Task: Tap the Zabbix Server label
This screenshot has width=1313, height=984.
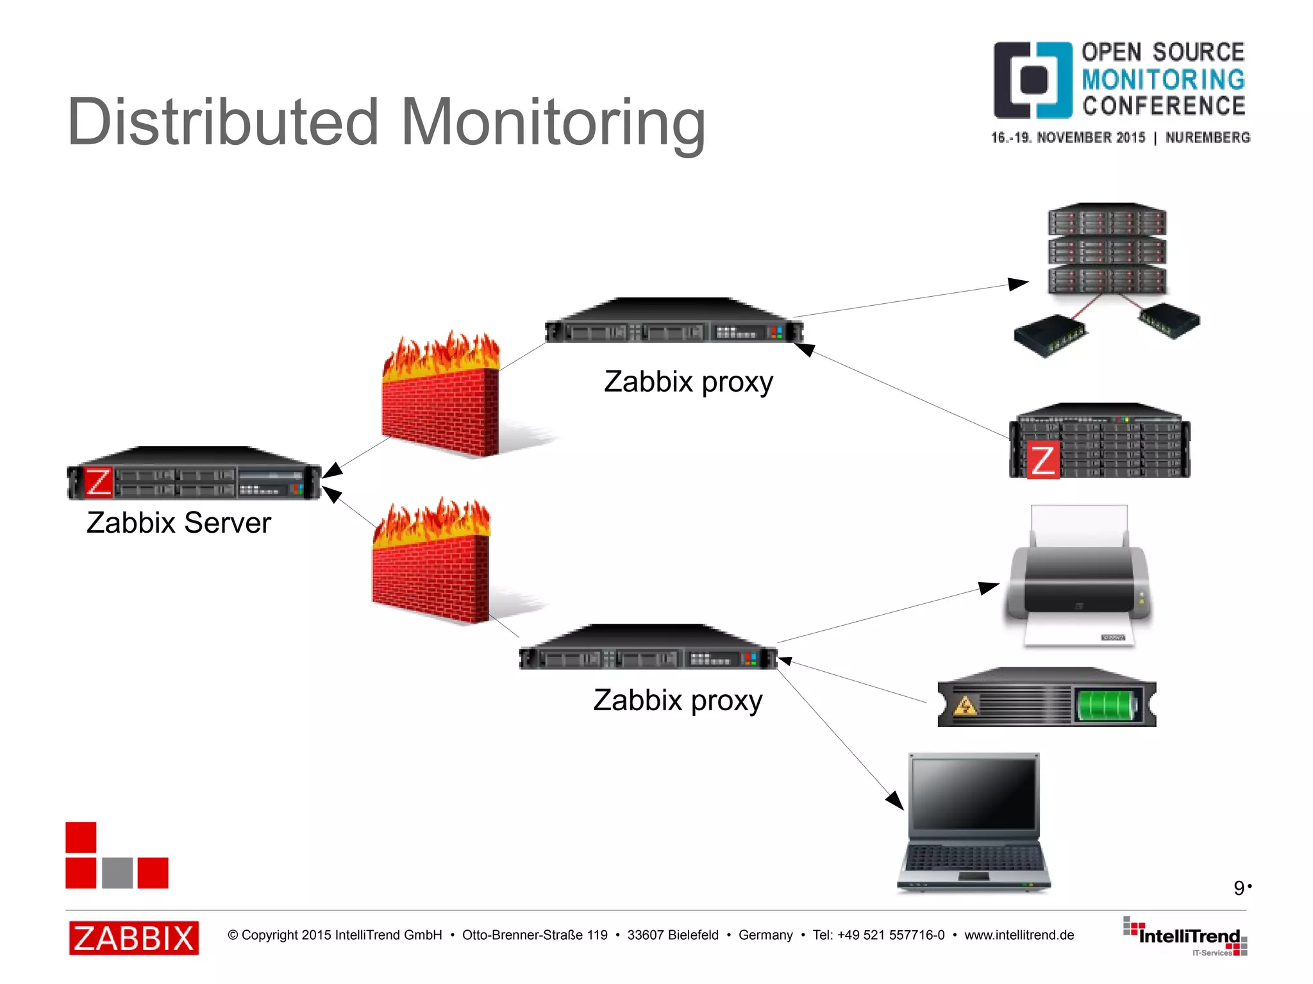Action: [179, 522]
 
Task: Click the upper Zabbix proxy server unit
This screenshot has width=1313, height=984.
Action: [673, 324]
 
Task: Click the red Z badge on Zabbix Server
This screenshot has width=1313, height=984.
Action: [99, 482]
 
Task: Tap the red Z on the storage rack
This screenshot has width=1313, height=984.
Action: [1043, 460]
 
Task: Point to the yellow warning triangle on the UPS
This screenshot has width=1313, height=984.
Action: [966, 706]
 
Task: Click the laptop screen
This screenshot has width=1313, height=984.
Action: [974, 795]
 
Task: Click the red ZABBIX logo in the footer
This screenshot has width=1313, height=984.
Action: [134, 938]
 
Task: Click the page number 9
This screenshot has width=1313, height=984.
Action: [1239, 888]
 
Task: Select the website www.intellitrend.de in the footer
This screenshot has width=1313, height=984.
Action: [1019, 935]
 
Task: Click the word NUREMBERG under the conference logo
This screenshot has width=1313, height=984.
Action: [1207, 137]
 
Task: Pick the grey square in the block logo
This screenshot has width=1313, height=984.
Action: [117, 872]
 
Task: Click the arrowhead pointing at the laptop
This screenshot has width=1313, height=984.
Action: [896, 801]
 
